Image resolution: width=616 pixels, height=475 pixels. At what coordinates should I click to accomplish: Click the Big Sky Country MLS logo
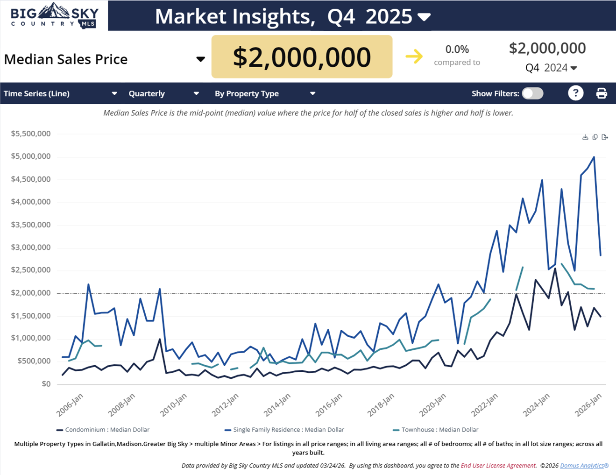tap(54, 15)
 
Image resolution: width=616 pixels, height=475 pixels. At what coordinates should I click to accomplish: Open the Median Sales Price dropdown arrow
tap(200, 59)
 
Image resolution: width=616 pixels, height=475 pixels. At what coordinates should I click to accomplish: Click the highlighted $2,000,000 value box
tap(302, 57)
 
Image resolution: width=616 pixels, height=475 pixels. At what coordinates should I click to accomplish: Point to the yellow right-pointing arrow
tap(414, 57)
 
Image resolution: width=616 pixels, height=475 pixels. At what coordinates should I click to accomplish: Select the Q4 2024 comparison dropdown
tap(551, 68)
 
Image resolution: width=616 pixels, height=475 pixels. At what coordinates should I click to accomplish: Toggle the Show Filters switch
tap(532, 93)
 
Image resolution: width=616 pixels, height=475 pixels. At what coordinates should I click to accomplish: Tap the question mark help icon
tap(575, 93)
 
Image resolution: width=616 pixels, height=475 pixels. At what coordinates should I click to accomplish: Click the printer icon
tap(602, 93)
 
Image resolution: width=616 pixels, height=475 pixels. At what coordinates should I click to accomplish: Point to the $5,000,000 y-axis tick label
tap(31, 156)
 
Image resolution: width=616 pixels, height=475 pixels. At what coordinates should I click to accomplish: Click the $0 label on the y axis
tap(46, 384)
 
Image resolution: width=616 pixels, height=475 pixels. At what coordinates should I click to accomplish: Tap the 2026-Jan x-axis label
tap(588, 404)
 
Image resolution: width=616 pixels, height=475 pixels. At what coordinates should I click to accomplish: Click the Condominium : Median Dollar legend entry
tap(107, 430)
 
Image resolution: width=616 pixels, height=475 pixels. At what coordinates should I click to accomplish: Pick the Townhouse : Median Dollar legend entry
tap(439, 430)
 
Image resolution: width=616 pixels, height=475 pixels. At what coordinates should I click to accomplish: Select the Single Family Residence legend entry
tap(288, 430)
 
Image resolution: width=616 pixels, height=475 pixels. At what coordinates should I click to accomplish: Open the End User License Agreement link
tap(498, 466)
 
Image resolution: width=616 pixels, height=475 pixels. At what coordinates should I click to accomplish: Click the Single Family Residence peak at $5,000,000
tap(594, 157)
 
